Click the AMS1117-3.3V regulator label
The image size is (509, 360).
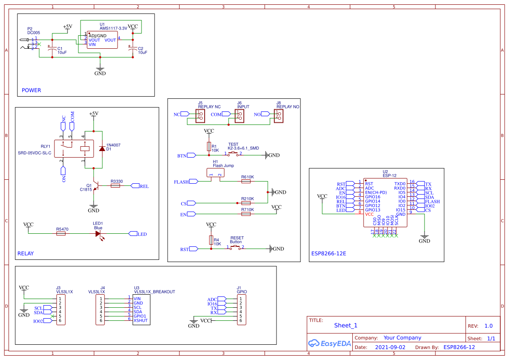pos(113,28)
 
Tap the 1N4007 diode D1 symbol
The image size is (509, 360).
pos(102,148)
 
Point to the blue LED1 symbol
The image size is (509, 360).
pos(98,234)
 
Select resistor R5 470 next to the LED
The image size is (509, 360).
pos(61,234)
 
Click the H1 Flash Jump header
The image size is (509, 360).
pos(216,173)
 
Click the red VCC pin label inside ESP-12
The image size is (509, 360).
pos(369,214)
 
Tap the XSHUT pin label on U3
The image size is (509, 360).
pos(141,320)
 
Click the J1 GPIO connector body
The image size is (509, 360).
pos(241,310)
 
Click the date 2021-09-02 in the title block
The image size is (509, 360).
pos(390,347)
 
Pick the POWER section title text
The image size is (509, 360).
pos(31,91)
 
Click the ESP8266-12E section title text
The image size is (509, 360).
pos(329,253)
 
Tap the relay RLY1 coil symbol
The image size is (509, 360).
pos(85,148)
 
